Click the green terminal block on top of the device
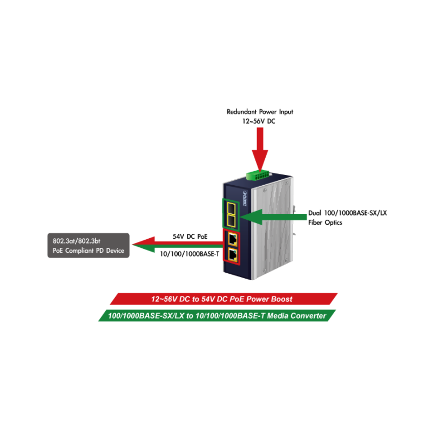click(260, 174)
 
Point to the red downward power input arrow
click(260, 148)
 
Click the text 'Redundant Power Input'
click(260, 112)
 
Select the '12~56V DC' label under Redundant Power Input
click(260, 122)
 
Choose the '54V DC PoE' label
click(190, 237)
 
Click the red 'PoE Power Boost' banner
click(222, 299)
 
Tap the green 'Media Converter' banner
click(216, 315)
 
